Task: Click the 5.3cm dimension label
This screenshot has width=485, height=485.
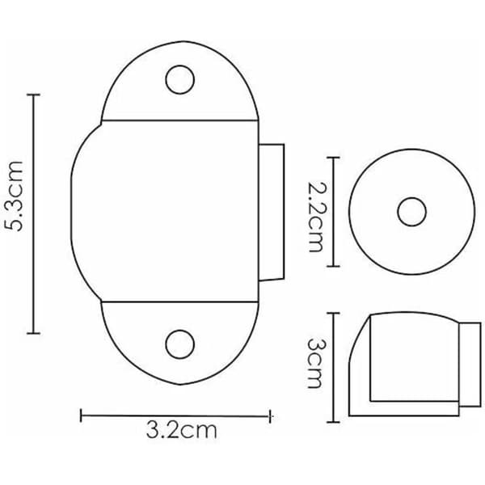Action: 15,196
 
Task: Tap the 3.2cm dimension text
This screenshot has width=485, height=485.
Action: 182,430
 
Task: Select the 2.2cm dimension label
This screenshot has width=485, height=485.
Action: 316,217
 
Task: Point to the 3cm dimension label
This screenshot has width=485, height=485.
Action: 315,363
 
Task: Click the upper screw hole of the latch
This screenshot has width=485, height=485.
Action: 179,79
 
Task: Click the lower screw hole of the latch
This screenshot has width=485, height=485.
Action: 179,344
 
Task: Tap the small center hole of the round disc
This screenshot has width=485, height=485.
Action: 411,212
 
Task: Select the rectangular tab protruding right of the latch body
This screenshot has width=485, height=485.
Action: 272,212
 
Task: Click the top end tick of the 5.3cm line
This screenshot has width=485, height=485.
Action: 34,95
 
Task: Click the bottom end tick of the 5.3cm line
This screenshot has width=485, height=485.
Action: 34,333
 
